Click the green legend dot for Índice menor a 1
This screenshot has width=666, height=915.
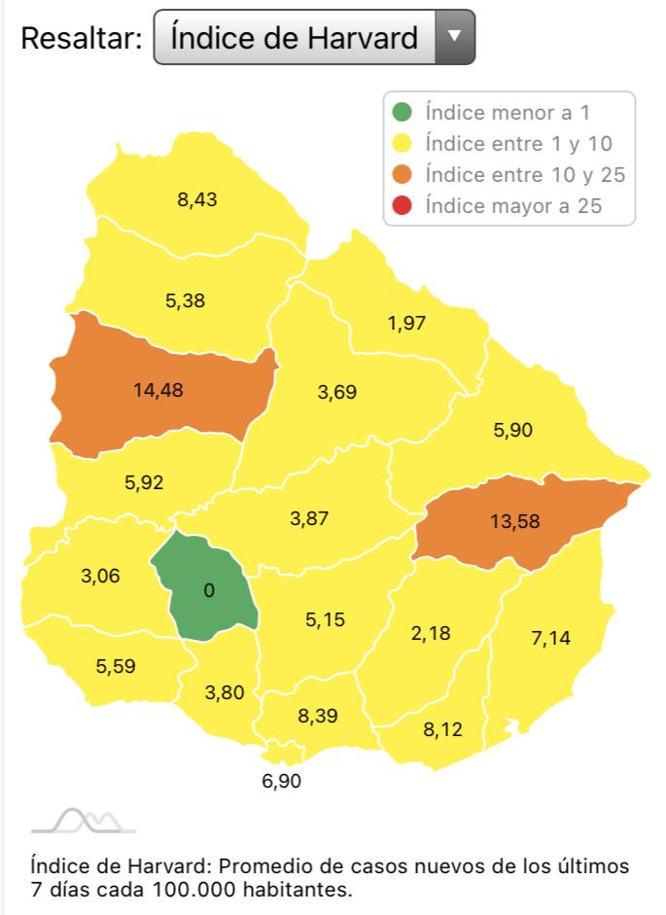(x=403, y=112)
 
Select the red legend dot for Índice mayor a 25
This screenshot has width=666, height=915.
(x=403, y=205)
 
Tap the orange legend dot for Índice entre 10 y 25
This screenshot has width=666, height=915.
(x=403, y=174)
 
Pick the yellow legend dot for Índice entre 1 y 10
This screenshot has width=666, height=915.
(x=403, y=143)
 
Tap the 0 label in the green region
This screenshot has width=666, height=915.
(x=209, y=590)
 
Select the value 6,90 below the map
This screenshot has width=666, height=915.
(x=282, y=780)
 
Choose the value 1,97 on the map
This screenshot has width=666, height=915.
(x=406, y=322)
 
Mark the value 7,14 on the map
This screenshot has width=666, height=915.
(x=551, y=637)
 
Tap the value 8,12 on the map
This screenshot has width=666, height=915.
(x=443, y=729)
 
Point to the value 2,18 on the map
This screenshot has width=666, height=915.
(x=431, y=633)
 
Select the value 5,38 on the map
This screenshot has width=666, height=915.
(x=186, y=300)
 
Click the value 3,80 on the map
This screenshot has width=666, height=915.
(x=225, y=692)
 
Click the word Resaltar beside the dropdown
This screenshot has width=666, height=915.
(x=82, y=38)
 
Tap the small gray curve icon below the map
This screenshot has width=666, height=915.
(x=84, y=822)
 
